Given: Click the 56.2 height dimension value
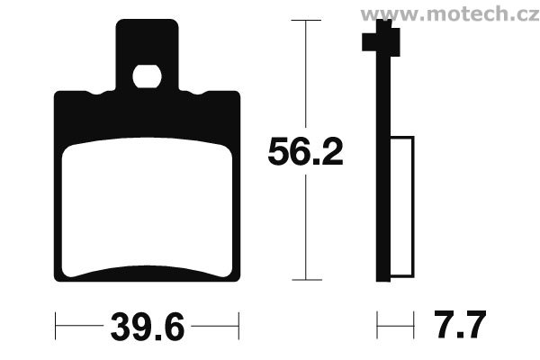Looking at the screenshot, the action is coord(305,151).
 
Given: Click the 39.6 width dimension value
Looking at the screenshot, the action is coord(148,327).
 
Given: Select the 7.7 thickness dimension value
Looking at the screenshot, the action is coord(460,325).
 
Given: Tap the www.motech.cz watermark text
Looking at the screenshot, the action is coord(450,14).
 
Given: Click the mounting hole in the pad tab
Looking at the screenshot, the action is coord(147,76).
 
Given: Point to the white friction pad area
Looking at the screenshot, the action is coord(147,207).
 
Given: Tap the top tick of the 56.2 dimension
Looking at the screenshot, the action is coord(306,21).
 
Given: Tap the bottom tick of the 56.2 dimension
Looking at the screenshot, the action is coord(307,280).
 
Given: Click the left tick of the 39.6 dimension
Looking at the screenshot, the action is coord(56,326).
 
